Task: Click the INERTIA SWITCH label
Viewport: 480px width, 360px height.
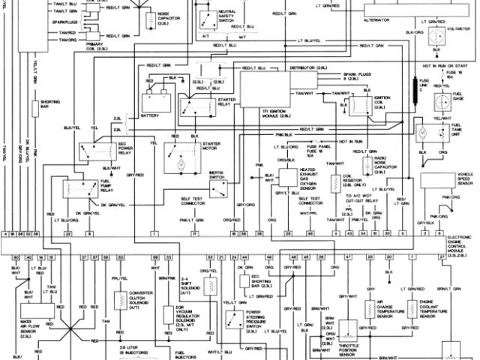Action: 220,174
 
